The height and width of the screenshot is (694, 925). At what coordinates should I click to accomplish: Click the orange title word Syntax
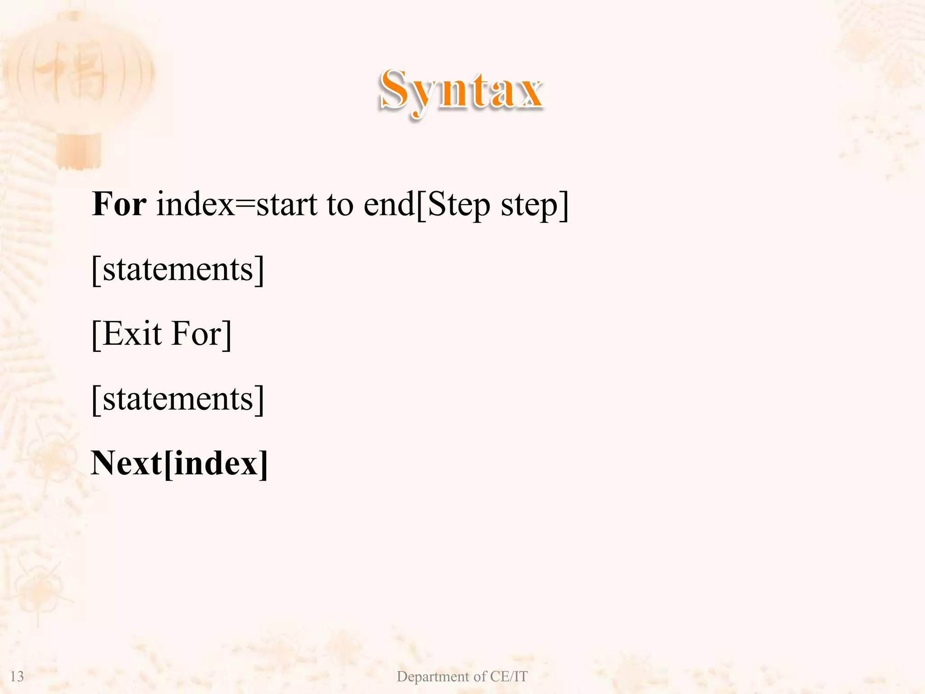tap(461, 90)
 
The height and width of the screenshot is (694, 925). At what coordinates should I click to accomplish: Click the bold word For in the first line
tap(119, 204)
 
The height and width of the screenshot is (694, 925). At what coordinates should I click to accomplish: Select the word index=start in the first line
tap(237, 204)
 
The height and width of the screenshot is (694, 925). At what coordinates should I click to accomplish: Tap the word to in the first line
tap(340, 204)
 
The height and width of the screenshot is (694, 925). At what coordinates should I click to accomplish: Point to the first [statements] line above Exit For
tap(178, 270)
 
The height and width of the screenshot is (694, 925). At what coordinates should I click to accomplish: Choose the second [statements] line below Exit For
tap(178, 399)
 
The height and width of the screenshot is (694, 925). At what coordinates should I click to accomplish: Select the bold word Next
tap(126, 464)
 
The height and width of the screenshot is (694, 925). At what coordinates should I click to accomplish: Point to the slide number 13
tap(17, 676)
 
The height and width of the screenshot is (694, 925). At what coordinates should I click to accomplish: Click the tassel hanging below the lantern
tap(79, 151)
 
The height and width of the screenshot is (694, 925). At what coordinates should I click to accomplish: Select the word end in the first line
tap(389, 204)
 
